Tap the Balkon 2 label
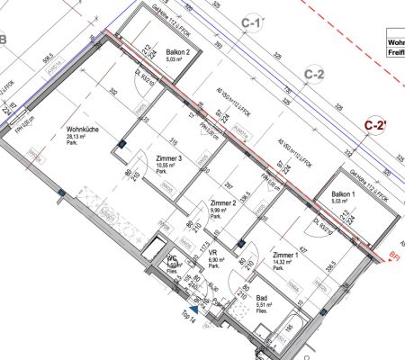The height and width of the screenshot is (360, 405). pos(176,53)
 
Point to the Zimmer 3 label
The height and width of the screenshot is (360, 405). pos(169,158)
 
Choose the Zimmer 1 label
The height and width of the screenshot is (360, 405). pos(287,255)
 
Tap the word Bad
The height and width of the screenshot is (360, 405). pos(262,297)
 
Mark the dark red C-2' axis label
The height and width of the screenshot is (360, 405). pos(375,127)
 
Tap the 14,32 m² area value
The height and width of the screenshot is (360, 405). pos(285,262)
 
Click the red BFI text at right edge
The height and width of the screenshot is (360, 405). pos(396,256)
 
